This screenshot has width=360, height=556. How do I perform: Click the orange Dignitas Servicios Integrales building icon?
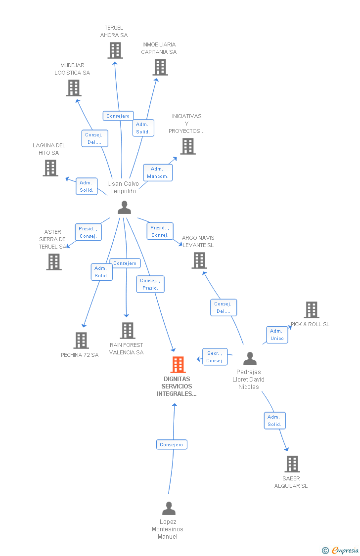pyautogui.click(x=178, y=365)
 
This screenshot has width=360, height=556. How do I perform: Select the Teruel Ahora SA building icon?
pyautogui.click(x=115, y=50)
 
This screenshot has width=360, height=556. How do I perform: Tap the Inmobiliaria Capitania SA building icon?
pyautogui.click(x=160, y=67)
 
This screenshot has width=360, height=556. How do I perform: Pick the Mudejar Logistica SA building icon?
pyautogui.click(x=74, y=88)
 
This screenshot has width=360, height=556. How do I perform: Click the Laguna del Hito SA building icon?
pyautogui.click(x=50, y=168)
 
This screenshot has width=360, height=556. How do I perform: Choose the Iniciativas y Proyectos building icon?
pyautogui.click(x=188, y=146)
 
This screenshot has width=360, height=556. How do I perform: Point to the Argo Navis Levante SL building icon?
pyautogui.click(x=199, y=260)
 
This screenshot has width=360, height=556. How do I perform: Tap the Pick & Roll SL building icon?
pyautogui.click(x=312, y=310)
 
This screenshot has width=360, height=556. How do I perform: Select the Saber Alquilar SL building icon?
pyautogui.click(x=292, y=464)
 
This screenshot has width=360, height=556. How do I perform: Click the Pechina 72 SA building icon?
pyautogui.click(x=81, y=340)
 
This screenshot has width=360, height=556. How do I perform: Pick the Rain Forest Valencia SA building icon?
pyautogui.click(x=128, y=331)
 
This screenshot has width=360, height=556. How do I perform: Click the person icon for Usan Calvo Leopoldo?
pyautogui.click(x=124, y=208)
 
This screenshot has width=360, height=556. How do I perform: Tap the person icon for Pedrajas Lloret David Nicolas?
pyautogui.click(x=250, y=358)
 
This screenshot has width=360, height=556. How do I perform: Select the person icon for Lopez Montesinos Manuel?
pyautogui.click(x=169, y=508)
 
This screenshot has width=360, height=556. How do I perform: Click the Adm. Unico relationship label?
pyautogui.click(x=277, y=335)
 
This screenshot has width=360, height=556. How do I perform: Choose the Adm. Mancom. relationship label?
pyautogui.click(x=158, y=172)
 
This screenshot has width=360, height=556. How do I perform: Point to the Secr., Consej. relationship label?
pyautogui.click(x=215, y=357)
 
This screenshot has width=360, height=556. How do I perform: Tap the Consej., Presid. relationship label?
pyautogui.click(x=150, y=284)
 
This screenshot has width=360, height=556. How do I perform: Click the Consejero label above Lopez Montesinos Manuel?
pyautogui.click(x=172, y=445)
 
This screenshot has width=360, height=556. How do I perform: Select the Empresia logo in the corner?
pyautogui.click(x=341, y=550)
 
